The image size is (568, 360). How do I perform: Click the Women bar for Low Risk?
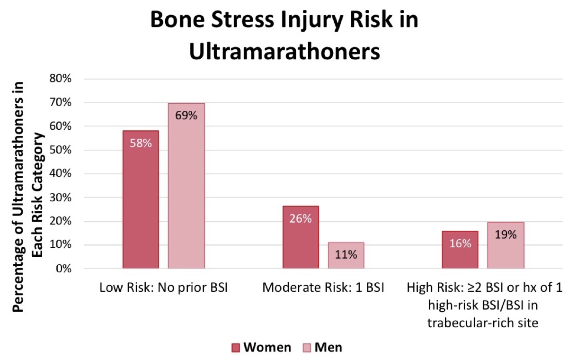pos(141,199)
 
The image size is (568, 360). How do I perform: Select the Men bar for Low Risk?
pos(186,186)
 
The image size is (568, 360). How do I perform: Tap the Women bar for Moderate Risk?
pos(301,237)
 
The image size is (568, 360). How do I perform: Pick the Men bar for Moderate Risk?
pos(346,255)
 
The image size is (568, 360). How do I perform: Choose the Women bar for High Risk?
pos(460,250)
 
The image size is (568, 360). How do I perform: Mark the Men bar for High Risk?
pos(506,245)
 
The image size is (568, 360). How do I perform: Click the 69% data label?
pos(186,116)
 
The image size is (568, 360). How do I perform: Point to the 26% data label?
pos(301,219)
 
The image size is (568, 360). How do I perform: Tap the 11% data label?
pos(346,254)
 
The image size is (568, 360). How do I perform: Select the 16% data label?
pos(460,243)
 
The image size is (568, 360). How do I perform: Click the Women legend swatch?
pos(236,348)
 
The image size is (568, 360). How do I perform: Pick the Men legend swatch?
pos(307,348)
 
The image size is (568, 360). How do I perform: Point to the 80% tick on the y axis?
pos(61,79)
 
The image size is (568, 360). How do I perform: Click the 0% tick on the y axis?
pos(63,269)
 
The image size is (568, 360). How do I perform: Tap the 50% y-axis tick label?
pos(61,150)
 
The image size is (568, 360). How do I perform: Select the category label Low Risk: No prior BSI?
pos(164,288)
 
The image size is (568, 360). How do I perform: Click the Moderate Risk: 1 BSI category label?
pos(323,288)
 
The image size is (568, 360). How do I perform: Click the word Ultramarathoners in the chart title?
pos(284,52)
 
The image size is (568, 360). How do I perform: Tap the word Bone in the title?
pos(177,20)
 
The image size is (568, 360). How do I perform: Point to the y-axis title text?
pos(28,197)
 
